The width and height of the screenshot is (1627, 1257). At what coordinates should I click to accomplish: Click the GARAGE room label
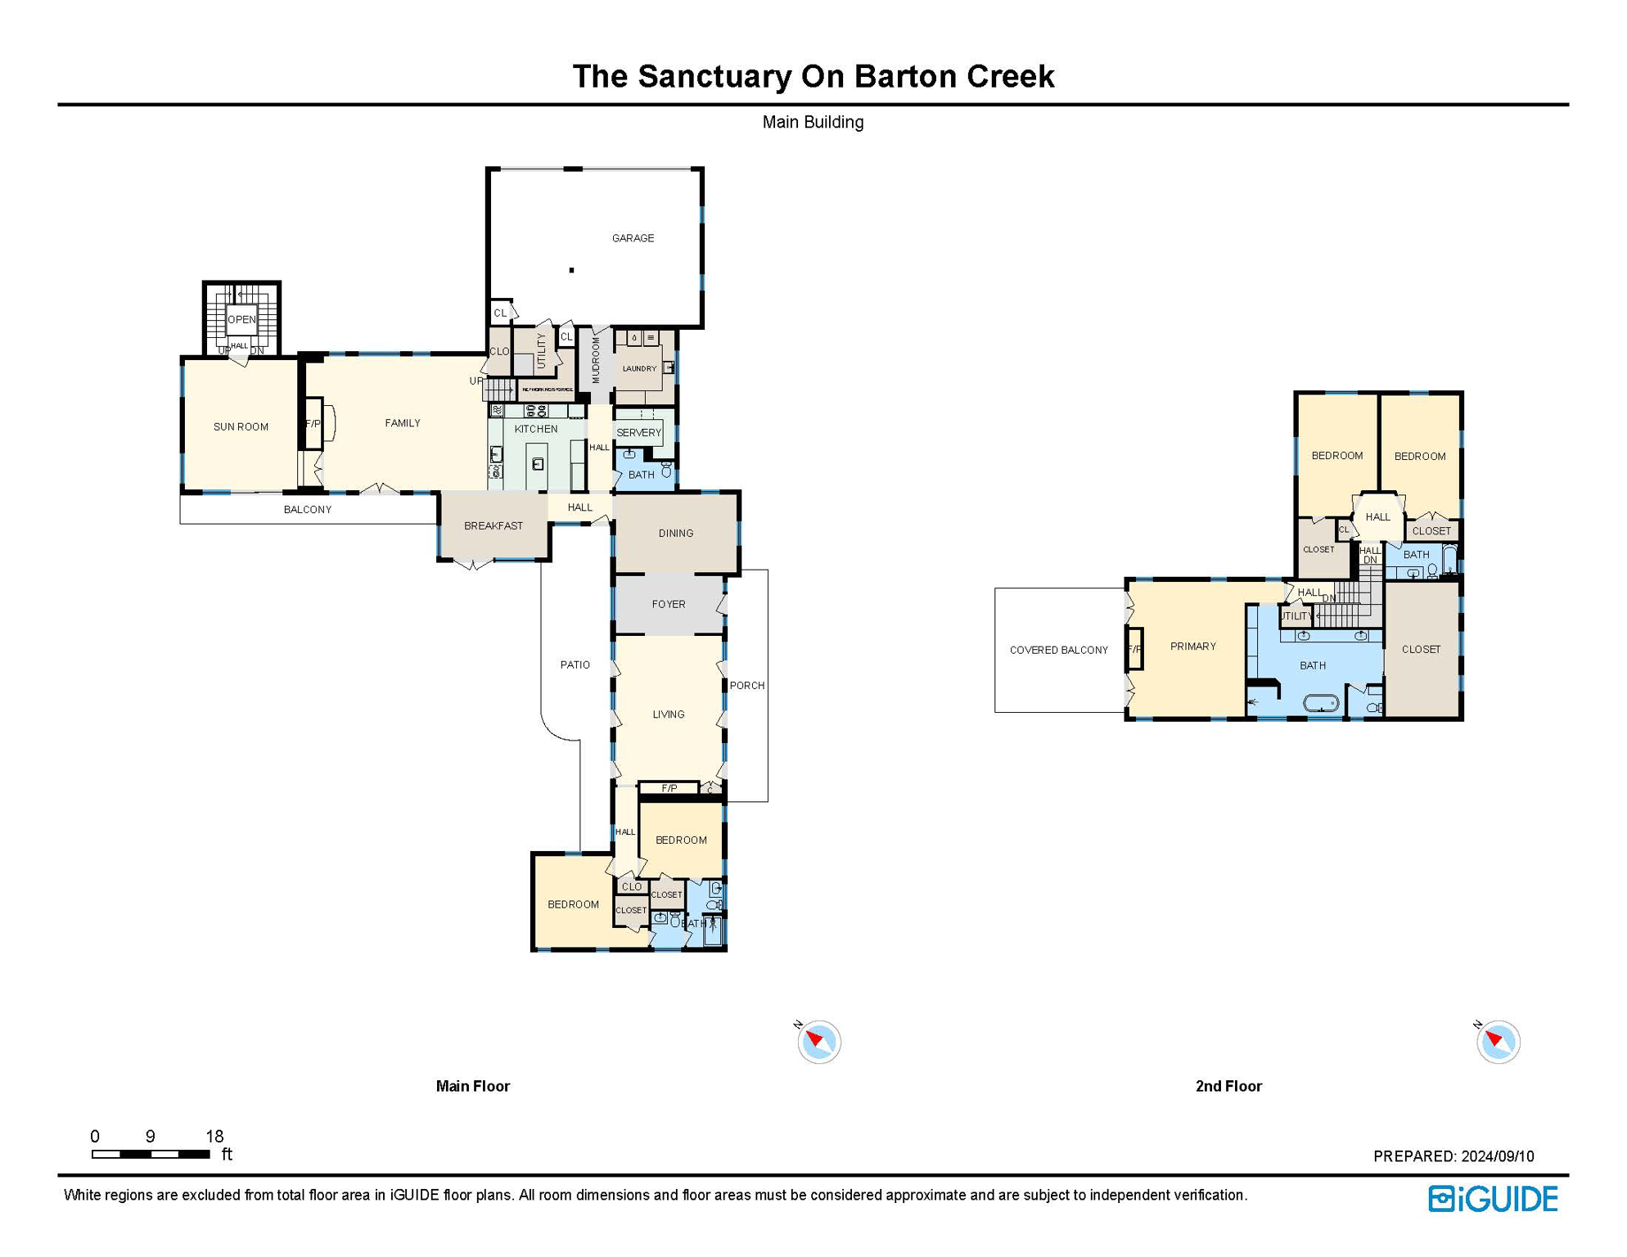coord(633,238)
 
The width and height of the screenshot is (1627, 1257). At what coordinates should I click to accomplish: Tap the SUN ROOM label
coord(241,426)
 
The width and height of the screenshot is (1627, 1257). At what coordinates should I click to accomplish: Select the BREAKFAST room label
coord(493,525)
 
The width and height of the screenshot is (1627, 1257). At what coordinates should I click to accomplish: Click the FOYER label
coord(668,604)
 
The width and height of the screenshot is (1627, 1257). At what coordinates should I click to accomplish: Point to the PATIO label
coord(575,665)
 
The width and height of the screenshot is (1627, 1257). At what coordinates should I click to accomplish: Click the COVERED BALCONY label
coord(1058,650)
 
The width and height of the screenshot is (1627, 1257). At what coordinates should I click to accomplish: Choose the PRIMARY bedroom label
coord(1192,647)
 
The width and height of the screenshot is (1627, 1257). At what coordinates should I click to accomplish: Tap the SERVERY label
coord(638,432)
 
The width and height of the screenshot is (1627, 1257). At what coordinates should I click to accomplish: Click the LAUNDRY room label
coord(639,368)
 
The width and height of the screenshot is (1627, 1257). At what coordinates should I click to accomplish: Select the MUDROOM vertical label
coord(596,360)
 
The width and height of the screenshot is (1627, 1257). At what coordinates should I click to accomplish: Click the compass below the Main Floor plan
coord(818,1042)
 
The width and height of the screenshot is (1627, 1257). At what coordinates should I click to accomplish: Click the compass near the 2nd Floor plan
coord(1498,1042)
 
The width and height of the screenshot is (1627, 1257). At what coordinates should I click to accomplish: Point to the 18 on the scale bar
coord(214,1136)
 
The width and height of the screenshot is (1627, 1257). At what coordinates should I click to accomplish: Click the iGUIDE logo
coord(1493,1199)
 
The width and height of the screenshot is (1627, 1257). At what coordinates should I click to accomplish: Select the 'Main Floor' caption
coord(472,1086)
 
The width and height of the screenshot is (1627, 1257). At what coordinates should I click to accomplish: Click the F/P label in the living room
coord(669,788)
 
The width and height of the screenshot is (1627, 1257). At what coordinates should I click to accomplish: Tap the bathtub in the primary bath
coord(1320,702)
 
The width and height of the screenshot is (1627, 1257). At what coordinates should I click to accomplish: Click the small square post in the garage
coord(571,270)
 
